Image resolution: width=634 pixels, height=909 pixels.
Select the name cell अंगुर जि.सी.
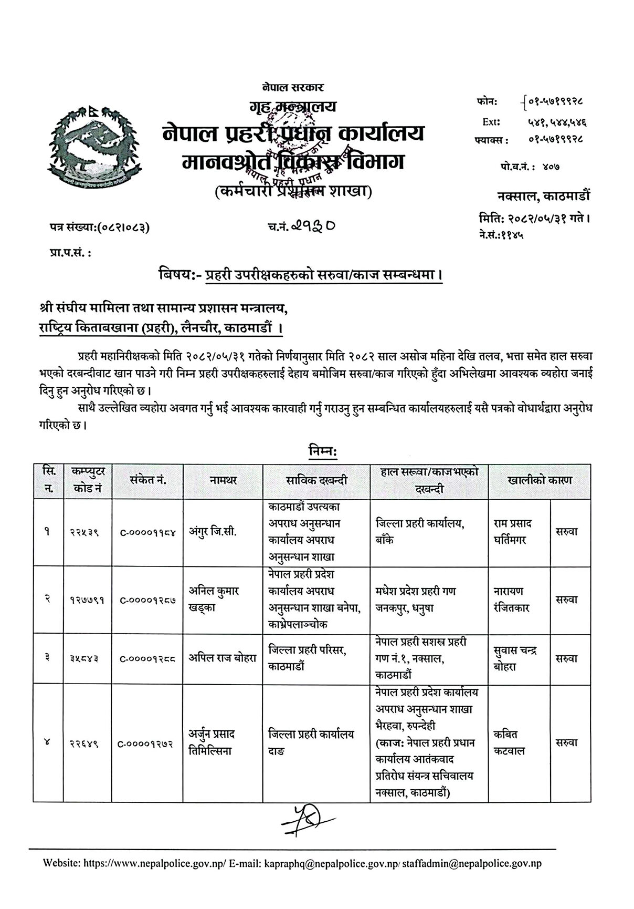(213, 531)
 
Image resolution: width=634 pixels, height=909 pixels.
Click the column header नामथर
(223, 480)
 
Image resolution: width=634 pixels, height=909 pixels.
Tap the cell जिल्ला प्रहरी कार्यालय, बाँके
(421, 531)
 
